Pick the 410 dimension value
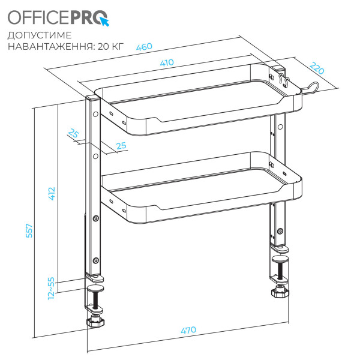coord(167,62)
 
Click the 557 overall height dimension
coord(29,231)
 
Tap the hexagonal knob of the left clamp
coord(95,322)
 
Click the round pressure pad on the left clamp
coord(95,289)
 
